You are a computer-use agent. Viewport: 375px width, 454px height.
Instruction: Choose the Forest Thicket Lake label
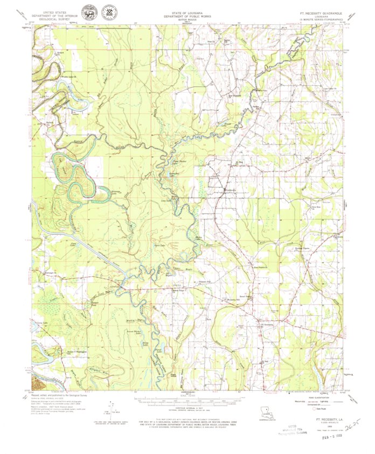click(x=133, y=333)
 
